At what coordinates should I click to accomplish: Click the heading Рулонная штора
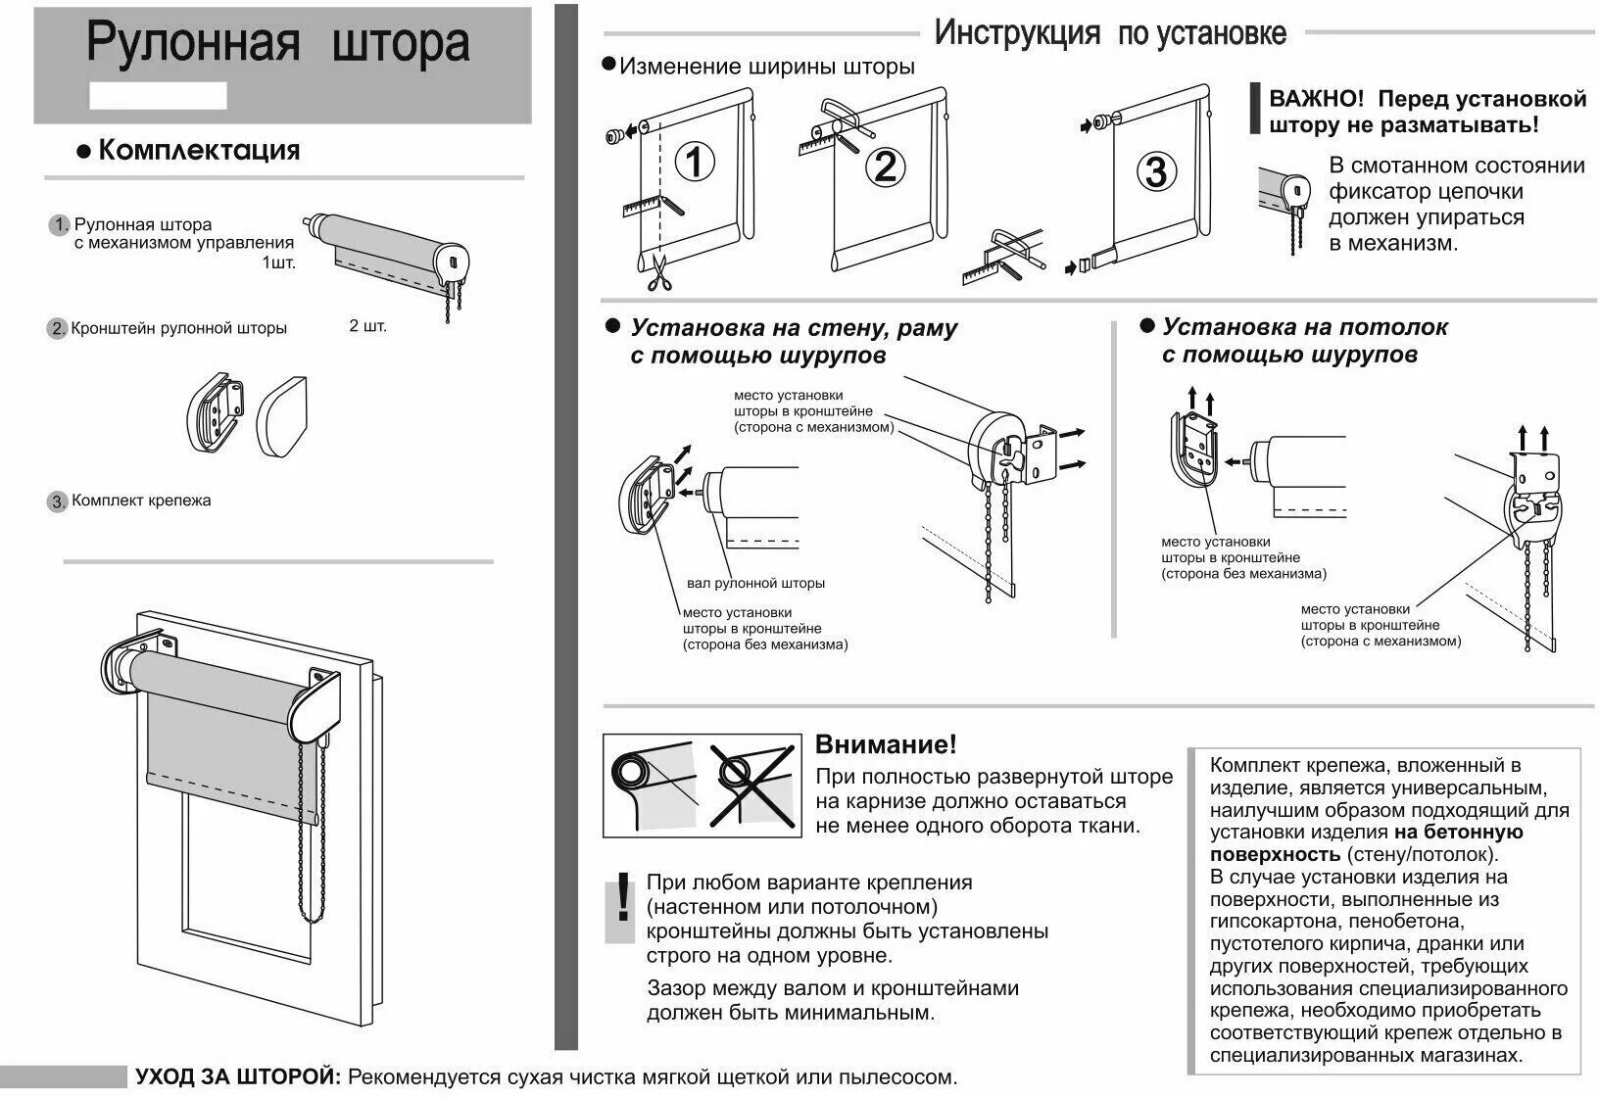click(278, 43)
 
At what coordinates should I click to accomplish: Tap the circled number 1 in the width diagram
click(695, 163)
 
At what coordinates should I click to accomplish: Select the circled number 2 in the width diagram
click(885, 167)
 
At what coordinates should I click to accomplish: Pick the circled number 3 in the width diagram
click(1156, 171)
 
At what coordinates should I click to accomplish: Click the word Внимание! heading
click(886, 744)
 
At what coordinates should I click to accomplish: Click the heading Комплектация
click(199, 150)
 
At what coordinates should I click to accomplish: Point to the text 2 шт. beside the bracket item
click(367, 325)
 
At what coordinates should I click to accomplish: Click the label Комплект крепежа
click(141, 501)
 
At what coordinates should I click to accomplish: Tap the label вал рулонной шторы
click(755, 583)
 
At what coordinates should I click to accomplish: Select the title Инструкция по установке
click(1109, 34)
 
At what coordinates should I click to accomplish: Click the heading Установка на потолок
click(1304, 327)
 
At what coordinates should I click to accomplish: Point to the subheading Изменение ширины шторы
click(767, 67)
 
